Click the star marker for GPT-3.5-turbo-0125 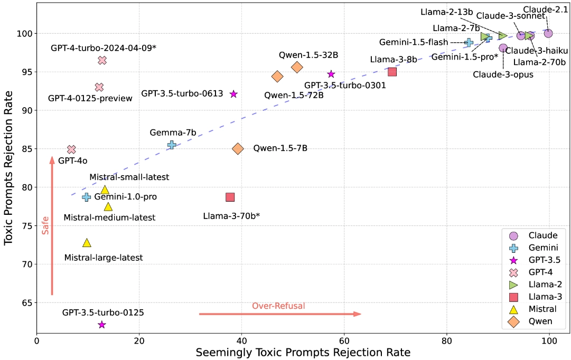[102, 324]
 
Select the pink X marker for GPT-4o [71, 149]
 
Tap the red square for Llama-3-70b [230, 197]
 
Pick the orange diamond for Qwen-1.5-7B [238, 148]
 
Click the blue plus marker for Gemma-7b [172, 145]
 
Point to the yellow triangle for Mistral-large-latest [87, 243]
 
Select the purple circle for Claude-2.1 [548, 33]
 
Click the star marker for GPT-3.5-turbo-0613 [233, 94]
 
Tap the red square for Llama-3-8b [392, 72]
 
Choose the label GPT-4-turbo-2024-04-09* [104, 48]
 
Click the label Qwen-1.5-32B [308, 55]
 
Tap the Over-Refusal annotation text [278, 306]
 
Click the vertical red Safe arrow [52, 226]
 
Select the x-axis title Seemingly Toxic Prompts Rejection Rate [303, 353]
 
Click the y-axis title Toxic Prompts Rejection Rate [8, 168]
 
